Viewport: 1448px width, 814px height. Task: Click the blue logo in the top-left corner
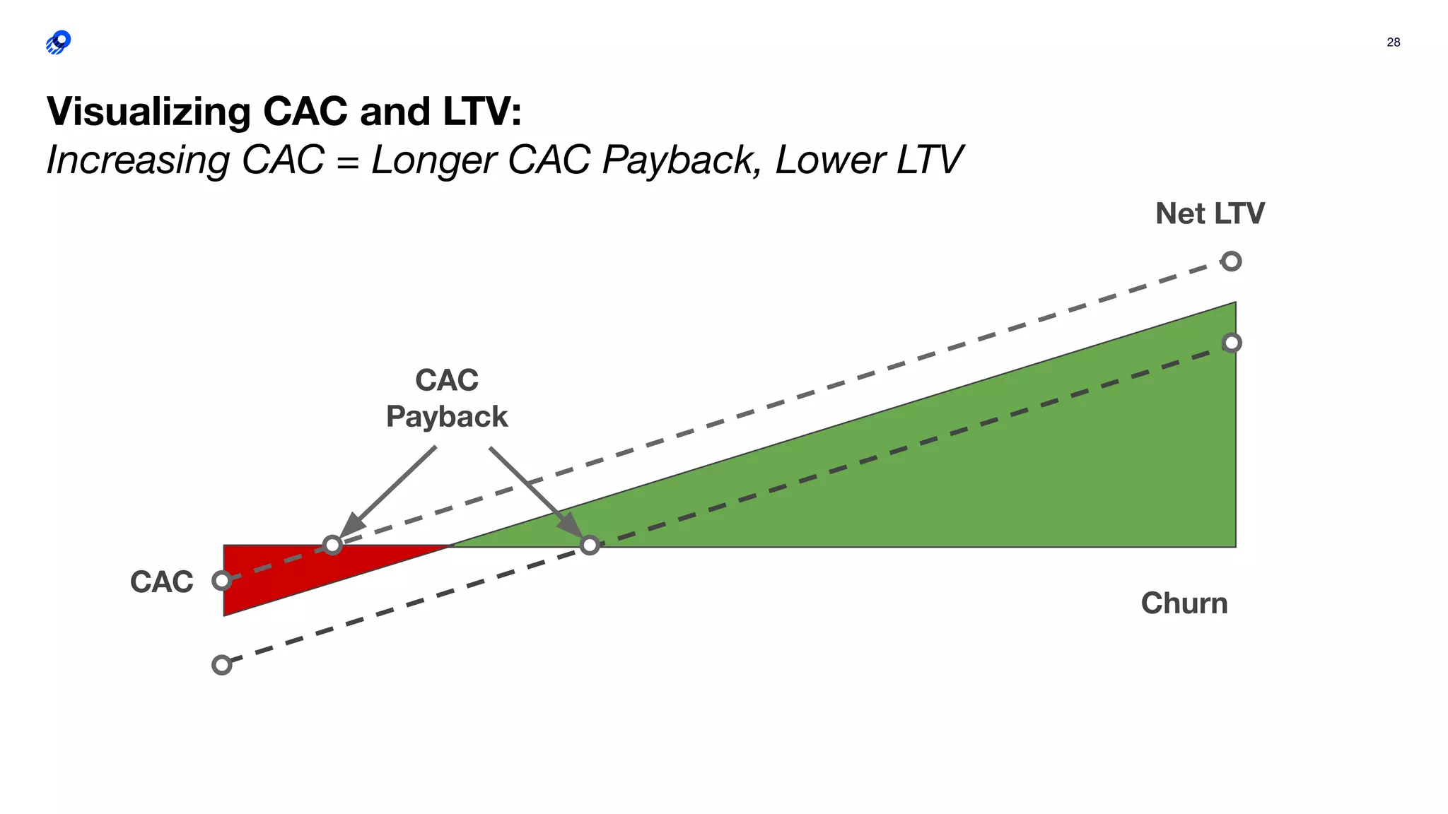tap(59, 42)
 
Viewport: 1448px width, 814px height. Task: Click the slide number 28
tap(1393, 42)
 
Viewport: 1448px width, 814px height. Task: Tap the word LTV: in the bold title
tap(482, 112)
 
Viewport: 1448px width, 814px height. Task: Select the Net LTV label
tap(1210, 213)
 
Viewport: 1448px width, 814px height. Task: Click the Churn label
tap(1184, 603)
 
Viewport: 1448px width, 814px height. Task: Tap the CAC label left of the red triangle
tap(161, 582)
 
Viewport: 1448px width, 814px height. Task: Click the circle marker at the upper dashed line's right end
tap(1232, 261)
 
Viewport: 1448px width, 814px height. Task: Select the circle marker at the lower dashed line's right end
tap(1232, 343)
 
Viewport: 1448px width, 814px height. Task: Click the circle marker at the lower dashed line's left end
tap(222, 665)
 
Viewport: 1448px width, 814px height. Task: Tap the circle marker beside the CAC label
tap(222, 581)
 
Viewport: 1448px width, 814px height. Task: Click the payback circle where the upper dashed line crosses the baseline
tap(332, 545)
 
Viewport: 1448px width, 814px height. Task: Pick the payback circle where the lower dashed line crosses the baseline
tap(590, 545)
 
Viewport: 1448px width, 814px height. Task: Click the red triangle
tap(283, 576)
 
